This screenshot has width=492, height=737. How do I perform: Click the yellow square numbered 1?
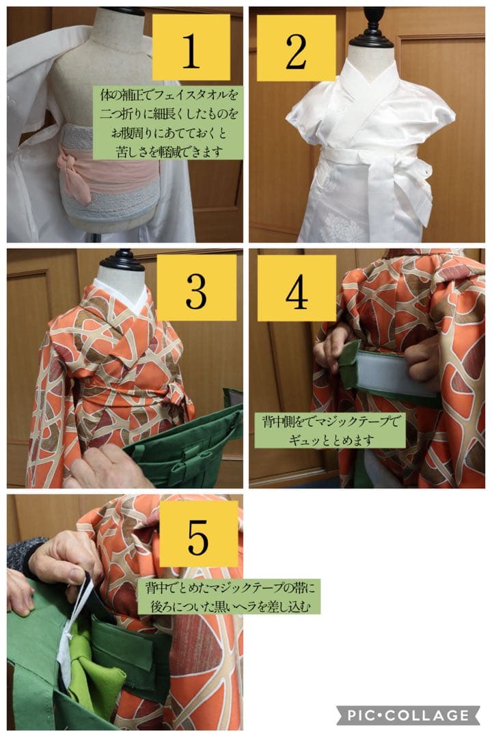pos(191,48)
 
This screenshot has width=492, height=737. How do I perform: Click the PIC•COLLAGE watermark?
pos(409,715)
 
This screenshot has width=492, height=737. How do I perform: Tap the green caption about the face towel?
pos(168,123)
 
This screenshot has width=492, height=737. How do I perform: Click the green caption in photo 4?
pos(329,430)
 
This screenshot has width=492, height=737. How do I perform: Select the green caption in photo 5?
pos(228,596)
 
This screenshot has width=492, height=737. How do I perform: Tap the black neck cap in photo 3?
pos(123,259)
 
